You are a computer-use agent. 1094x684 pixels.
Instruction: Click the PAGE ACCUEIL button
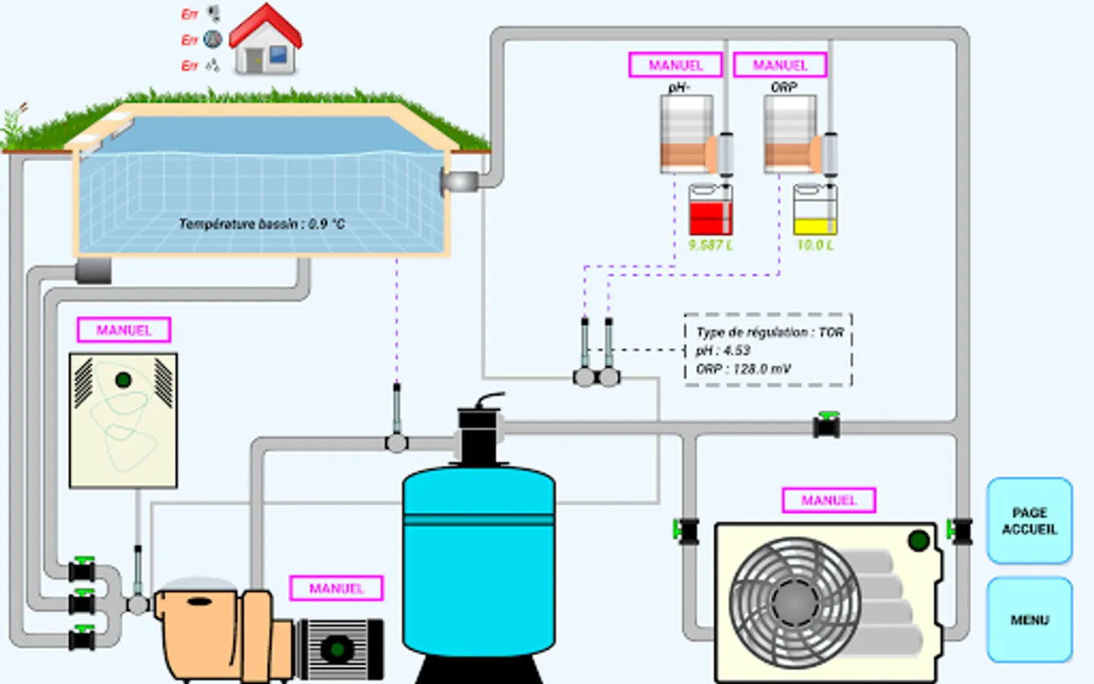pos(1029,521)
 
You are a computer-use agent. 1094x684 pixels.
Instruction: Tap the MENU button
pos(1029,620)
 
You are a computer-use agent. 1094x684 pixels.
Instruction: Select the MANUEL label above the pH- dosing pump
pos(675,65)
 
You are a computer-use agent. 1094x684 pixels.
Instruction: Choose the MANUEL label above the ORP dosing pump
pos(780,65)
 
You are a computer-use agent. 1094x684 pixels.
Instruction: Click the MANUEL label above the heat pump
pos(829,500)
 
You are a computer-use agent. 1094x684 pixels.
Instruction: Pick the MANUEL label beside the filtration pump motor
pos(336,588)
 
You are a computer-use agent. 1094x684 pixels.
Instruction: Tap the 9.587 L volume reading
pos(710,245)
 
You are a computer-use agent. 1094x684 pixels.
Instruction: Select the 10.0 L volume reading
pos(815,245)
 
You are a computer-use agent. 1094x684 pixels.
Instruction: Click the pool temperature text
pos(261,223)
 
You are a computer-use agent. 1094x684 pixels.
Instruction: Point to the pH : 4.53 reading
pos(723,350)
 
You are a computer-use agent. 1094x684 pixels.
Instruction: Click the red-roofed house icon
pos(265,42)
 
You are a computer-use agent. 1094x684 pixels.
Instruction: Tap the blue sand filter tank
pos(479,562)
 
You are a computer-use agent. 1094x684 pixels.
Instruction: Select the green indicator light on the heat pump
pos(919,541)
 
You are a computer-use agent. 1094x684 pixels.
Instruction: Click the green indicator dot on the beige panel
pos(123,379)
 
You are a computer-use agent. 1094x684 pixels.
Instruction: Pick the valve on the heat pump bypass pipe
pos(827,426)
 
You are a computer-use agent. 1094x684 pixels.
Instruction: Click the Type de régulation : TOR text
pos(770,332)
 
